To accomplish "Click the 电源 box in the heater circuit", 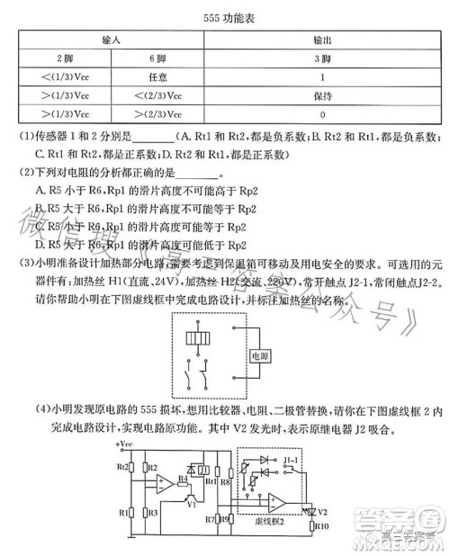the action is click(x=261, y=357).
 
